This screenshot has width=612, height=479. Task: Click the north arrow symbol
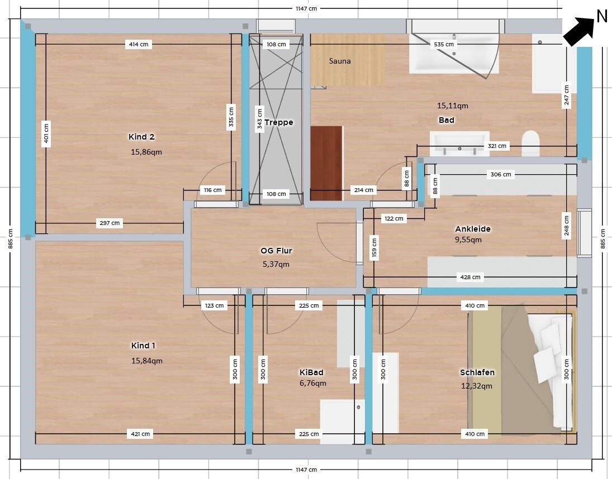(580, 31)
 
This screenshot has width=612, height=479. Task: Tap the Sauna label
(340, 61)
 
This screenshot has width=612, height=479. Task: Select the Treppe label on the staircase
(279, 122)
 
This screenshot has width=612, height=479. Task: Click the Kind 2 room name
(141, 137)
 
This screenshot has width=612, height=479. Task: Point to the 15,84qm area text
(147, 361)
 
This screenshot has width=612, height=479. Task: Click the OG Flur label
(276, 251)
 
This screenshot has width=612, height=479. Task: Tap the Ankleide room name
(473, 229)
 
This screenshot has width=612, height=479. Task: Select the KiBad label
(311, 372)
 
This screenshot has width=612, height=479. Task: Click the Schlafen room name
(477, 372)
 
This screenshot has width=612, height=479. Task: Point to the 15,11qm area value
(452, 106)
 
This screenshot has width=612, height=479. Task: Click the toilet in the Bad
(530, 143)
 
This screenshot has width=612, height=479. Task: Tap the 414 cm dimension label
(139, 45)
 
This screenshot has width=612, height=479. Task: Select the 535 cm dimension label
(444, 45)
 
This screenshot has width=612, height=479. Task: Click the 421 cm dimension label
(140, 434)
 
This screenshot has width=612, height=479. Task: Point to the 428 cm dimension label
(471, 277)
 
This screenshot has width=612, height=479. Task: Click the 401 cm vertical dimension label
(46, 133)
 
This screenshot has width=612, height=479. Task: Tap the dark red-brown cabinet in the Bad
(327, 164)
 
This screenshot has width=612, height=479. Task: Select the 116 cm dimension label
(213, 190)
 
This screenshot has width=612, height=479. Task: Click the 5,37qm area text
(276, 264)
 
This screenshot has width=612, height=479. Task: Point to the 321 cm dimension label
(497, 146)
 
